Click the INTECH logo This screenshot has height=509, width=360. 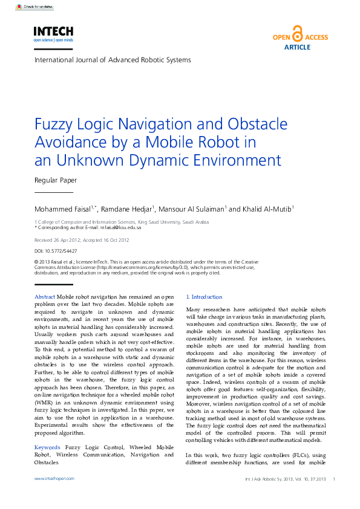(53, 33)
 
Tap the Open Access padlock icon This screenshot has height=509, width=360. (296, 33)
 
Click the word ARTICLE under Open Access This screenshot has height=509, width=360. (297, 47)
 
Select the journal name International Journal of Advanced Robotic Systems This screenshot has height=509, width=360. (113, 60)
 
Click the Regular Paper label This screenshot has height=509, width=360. (56, 180)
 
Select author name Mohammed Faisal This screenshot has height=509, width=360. (60, 209)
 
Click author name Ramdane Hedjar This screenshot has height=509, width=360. (127, 209)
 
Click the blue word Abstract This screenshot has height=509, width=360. (45, 297)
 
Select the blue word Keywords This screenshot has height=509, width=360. (48, 447)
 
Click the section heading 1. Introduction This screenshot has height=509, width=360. (205, 297)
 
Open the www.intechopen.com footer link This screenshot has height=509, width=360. (54, 478)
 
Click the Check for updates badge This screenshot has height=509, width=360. (34, 7)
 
